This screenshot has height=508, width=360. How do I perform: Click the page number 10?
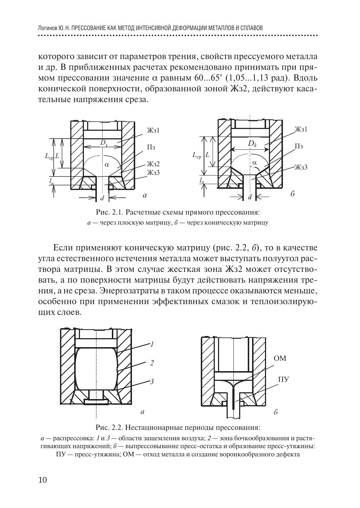[42, 480]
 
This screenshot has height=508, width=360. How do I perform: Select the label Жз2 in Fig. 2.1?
[153, 164]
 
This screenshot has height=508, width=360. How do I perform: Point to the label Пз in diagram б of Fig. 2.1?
[299, 146]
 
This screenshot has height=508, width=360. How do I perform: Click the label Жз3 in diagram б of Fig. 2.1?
[301, 167]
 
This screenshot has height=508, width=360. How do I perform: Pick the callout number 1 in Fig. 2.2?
[152, 344]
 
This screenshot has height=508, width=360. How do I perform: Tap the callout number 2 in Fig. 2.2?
[152, 363]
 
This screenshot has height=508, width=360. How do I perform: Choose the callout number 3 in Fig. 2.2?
[152, 382]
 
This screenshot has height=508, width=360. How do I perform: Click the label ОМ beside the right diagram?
[280, 358]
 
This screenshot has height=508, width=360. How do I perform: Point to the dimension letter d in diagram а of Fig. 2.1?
[102, 198]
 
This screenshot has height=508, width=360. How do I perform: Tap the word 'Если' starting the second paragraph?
[63, 248]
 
